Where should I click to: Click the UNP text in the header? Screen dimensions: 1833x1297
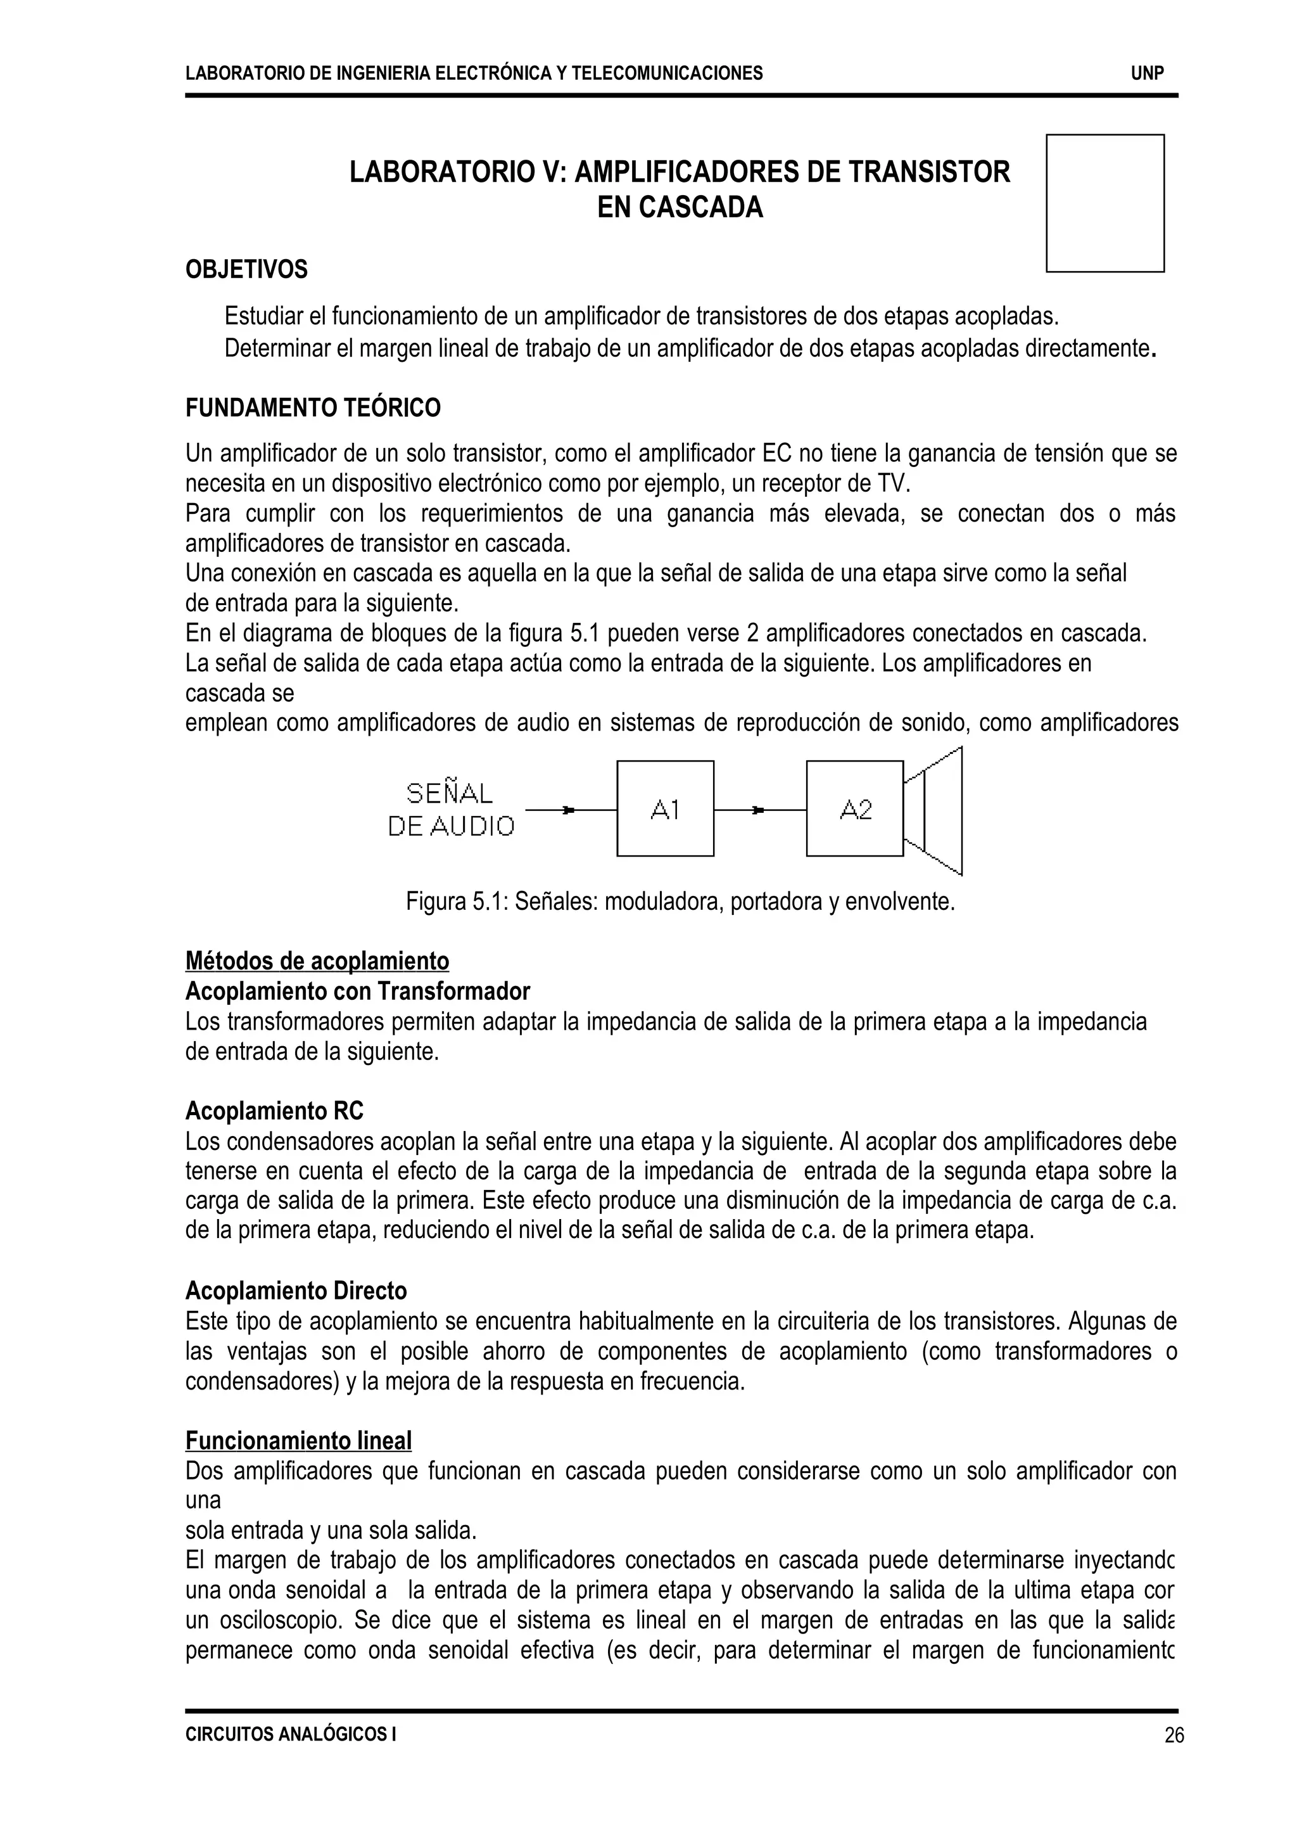click(1147, 73)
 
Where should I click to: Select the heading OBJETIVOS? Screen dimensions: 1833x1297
click(246, 270)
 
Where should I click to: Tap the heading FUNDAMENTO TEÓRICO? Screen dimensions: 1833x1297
click(312, 408)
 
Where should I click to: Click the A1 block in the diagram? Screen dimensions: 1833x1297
click(664, 808)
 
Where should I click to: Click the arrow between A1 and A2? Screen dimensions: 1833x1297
click(759, 810)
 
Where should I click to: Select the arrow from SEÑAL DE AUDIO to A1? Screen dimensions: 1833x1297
click(569, 810)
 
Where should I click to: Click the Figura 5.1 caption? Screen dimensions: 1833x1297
click(680, 902)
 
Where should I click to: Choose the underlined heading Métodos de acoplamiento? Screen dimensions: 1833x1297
click(317, 961)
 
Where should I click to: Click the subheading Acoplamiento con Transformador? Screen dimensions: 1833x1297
click(357, 992)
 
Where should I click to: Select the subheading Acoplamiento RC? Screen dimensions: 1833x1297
click(274, 1111)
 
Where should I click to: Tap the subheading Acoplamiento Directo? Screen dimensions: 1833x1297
click(296, 1291)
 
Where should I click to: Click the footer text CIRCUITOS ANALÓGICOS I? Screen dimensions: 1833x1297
click(290, 1734)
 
